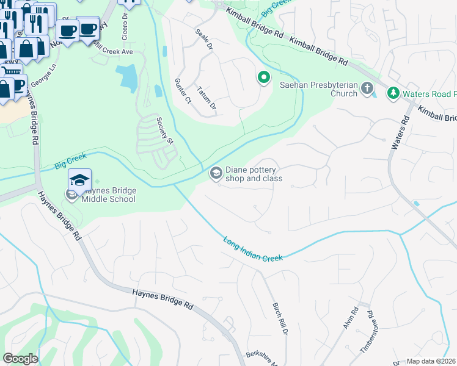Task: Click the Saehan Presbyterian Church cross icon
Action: [367, 89]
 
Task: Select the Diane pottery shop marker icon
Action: [215, 174]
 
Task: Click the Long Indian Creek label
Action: [253, 249]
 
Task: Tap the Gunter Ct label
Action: [183, 90]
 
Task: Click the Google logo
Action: [20, 359]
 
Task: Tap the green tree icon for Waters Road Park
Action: [393, 93]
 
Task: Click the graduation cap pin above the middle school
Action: [79, 179]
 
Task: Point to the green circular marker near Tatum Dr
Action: [263, 77]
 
